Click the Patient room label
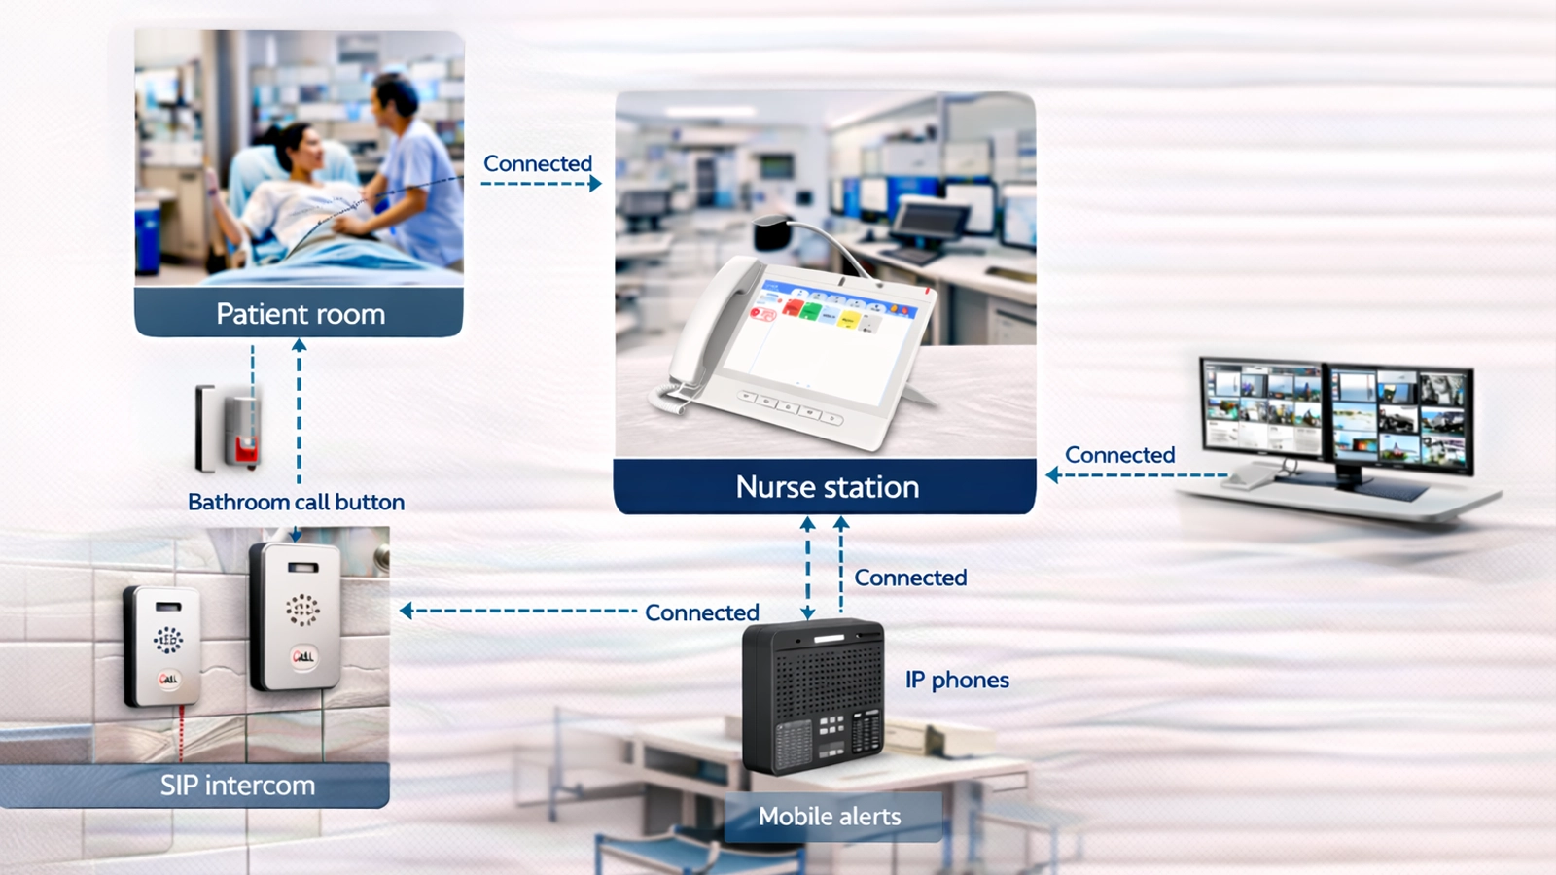tap(300, 314)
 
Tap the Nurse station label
tap(827, 486)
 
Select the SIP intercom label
tap(237, 786)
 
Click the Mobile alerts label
tap(830, 817)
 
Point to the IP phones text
tap(957, 680)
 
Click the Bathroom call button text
tap(296, 502)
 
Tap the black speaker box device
tap(813, 695)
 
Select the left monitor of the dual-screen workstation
tap(1262, 405)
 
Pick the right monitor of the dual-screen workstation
tap(1399, 416)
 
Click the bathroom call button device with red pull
tap(230, 428)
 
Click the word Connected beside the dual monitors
tap(1119, 455)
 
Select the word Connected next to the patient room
tap(538, 163)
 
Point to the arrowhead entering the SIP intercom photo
tap(407, 611)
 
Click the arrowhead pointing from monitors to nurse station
tap(1052, 475)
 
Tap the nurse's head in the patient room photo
tap(396, 97)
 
